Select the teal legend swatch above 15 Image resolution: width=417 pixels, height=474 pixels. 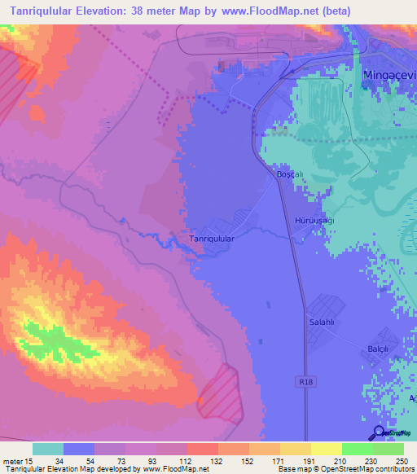coord(47,449)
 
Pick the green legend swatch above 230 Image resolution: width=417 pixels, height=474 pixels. coord(357,449)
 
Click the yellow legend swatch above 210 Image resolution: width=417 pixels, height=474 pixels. coord(326,449)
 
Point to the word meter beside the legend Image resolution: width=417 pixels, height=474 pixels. coord(15,462)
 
